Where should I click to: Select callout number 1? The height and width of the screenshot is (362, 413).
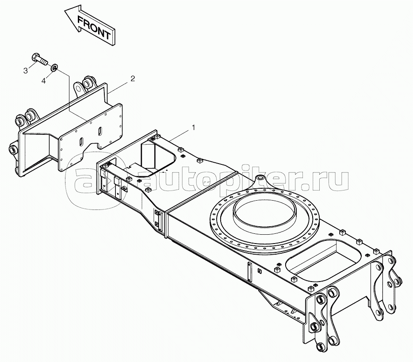click(x=194, y=127)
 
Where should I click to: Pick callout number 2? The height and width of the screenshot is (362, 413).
click(x=133, y=78)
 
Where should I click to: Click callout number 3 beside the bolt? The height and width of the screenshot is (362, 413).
click(x=26, y=71)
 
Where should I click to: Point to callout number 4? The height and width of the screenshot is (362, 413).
click(x=44, y=81)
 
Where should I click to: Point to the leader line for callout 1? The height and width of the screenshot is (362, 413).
click(x=182, y=135)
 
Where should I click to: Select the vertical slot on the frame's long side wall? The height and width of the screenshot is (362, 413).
click(x=249, y=272)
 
